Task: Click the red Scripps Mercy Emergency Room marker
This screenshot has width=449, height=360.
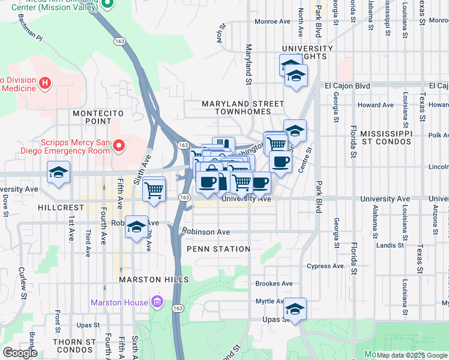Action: click(119, 146)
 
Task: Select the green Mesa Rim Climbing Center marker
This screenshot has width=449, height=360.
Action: click(108, 4)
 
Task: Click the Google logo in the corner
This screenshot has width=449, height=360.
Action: click(20, 353)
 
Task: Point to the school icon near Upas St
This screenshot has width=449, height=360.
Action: click(295, 309)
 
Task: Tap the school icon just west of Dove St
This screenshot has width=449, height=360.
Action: click(58, 173)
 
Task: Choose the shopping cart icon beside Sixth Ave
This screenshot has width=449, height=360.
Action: click(154, 190)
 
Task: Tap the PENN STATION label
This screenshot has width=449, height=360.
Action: click(218, 249)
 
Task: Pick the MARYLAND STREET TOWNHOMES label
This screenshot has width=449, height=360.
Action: click(243, 108)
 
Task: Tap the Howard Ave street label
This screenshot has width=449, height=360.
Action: click(375, 105)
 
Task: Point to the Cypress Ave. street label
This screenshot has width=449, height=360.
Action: click(326, 266)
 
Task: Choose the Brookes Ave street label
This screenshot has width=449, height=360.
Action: click(274, 283)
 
